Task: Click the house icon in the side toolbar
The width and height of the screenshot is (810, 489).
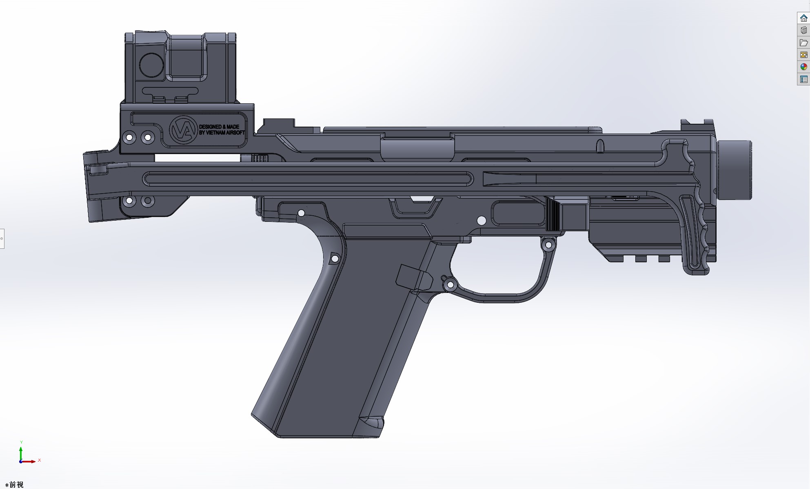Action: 803,18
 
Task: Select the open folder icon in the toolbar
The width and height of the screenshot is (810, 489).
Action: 803,42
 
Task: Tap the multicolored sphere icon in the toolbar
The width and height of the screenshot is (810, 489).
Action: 803,67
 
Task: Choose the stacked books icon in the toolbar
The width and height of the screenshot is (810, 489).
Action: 803,30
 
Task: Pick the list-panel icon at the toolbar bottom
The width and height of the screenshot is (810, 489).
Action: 803,79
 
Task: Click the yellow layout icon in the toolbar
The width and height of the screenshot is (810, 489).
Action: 803,55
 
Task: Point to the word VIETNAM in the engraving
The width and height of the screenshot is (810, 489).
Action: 216,133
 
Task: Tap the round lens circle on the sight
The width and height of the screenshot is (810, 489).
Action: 151,65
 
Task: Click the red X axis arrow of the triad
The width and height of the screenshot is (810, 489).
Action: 31,461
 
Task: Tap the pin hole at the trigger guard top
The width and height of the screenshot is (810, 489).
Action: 548,245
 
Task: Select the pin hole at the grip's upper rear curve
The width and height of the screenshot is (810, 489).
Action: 335,259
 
